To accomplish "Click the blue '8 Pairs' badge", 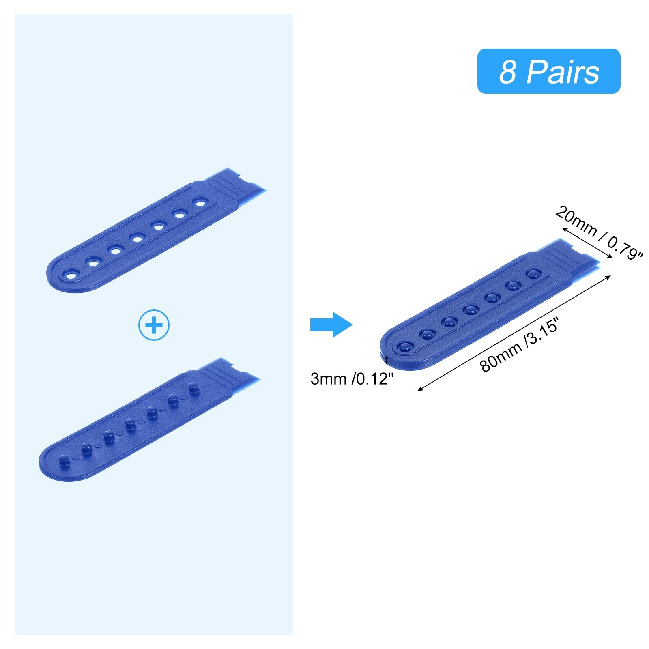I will pyautogui.click(x=548, y=71).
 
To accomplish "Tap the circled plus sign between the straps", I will pyautogui.click(x=154, y=325).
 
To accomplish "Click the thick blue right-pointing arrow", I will pyautogui.click(x=331, y=324).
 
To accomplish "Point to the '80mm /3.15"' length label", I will pyautogui.click(x=520, y=345).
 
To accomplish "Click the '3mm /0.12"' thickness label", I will pyautogui.click(x=352, y=379).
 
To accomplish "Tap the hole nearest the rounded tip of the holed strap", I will pyautogui.click(x=71, y=276).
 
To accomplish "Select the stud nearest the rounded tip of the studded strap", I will pyautogui.click(x=64, y=460).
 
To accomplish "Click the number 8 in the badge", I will pyautogui.click(x=507, y=72).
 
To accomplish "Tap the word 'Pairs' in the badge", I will pyautogui.click(x=563, y=72).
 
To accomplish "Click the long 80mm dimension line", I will pyautogui.click(x=514, y=333).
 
